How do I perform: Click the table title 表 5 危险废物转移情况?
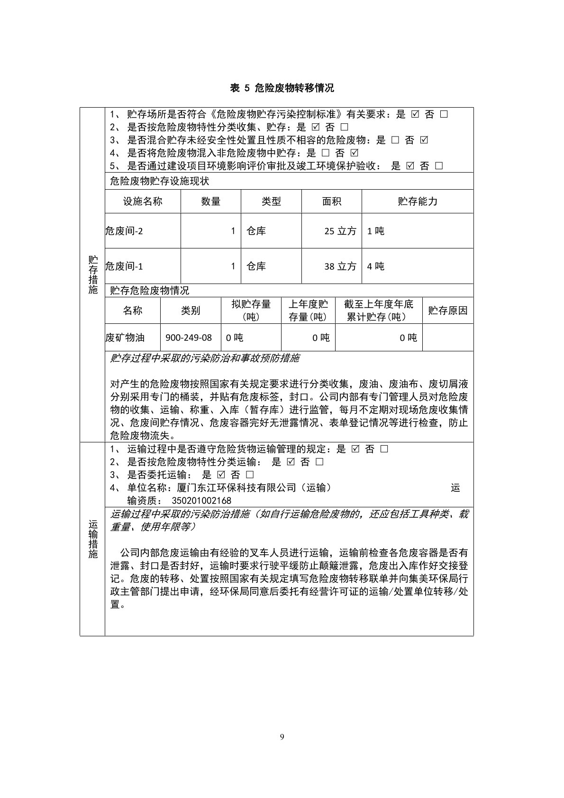point(282,88)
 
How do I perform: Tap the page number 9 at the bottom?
point(282,736)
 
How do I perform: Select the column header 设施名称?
point(143,202)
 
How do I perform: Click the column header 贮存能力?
point(417,202)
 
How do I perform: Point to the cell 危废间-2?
point(124,231)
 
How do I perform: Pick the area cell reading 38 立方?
point(340,266)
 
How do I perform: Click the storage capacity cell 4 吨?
point(376,266)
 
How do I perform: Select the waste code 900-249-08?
point(189,338)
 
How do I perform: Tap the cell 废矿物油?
point(125,338)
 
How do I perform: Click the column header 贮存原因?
point(447,311)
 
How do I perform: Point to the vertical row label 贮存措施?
point(93,275)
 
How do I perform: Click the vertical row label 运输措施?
point(93,539)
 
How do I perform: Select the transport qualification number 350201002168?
point(201,501)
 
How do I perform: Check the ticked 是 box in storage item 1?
point(416,114)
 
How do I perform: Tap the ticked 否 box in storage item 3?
point(424,140)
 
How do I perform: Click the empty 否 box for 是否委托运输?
point(250,475)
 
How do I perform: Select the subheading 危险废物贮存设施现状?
point(159,181)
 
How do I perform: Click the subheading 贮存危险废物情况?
point(149,291)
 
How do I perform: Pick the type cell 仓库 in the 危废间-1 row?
point(256,266)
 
